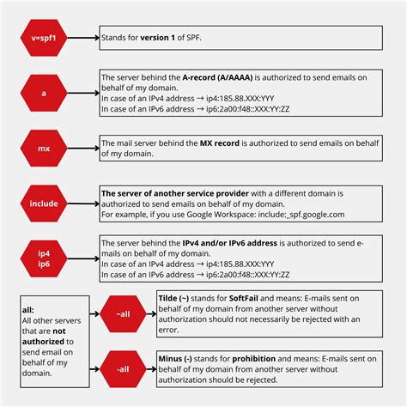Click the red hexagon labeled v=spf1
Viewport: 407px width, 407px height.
click(43, 39)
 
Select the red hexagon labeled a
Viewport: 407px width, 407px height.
click(43, 93)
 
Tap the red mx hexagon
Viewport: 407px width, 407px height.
click(43, 147)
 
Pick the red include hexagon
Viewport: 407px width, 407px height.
click(43, 203)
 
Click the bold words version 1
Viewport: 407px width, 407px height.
click(162, 39)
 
